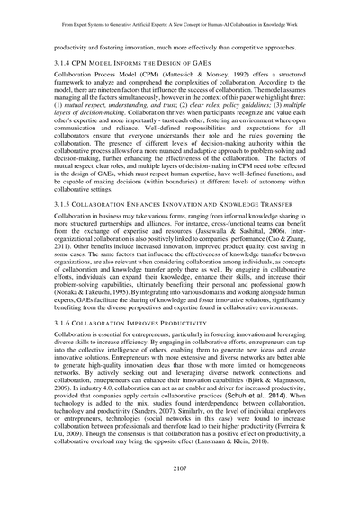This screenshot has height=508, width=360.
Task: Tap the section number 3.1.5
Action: pyautogui.click(x=64, y=206)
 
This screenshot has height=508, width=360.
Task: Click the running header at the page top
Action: pyautogui.click(x=180, y=16)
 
